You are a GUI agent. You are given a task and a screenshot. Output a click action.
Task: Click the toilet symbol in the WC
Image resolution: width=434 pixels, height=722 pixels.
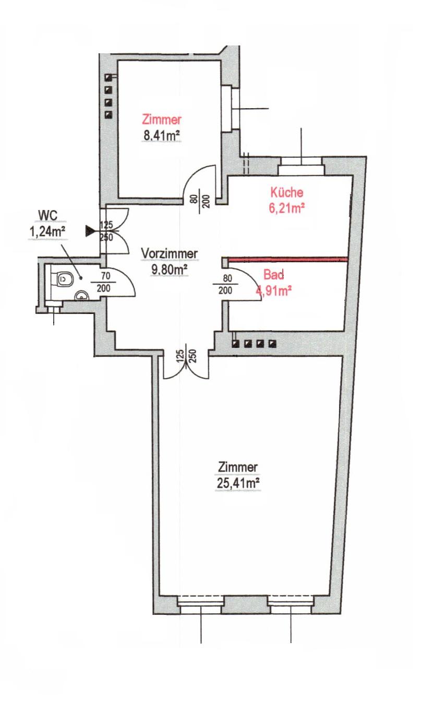(x=64, y=278)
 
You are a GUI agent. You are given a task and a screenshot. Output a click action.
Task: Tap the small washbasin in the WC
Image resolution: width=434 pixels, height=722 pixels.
(x=82, y=296)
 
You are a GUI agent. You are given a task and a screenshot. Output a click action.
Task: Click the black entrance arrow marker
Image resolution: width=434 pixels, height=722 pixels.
(x=90, y=231)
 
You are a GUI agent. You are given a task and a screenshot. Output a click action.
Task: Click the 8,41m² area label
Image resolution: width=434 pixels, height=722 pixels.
(x=161, y=136)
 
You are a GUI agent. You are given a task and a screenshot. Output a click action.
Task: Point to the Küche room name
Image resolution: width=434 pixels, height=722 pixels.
(x=287, y=192)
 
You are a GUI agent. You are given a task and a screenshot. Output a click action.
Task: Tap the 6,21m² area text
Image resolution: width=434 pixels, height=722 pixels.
(x=287, y=208)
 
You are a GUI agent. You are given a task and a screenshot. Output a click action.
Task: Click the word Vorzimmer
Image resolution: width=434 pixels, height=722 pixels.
(x=169, y=253)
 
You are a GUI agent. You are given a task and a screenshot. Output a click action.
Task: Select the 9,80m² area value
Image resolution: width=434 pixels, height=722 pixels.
(x=170, y=269)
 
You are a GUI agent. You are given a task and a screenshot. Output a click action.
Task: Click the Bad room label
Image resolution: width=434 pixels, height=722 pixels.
(x=273, y=275)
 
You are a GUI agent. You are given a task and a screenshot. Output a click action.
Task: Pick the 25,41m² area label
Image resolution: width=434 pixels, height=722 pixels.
(x=238, y=483)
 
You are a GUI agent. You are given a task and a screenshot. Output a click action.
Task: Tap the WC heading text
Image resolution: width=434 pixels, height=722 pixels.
(x=47, y=215)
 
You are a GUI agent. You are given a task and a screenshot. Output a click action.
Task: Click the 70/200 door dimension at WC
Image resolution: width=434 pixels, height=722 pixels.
(x=104, y=282)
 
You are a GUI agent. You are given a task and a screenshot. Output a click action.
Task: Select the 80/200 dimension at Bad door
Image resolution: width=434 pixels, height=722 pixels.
(x=225, y=284)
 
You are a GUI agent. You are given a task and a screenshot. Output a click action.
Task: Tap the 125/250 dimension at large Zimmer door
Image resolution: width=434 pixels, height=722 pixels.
(x=186, y=356)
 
